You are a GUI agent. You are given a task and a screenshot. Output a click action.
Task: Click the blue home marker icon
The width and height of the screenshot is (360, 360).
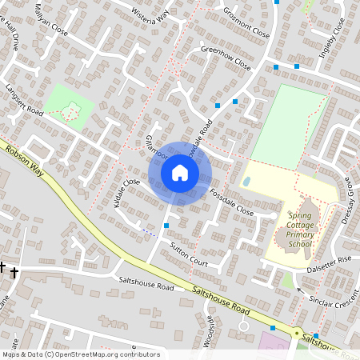tap(180, 173)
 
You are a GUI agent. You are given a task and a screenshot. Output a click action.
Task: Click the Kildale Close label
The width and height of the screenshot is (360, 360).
tap(126, 194)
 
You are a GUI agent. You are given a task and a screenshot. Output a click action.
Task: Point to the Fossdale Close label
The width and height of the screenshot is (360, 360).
tap(231, 204)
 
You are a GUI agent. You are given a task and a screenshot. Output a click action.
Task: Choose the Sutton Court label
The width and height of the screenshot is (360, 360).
tap(189, 255)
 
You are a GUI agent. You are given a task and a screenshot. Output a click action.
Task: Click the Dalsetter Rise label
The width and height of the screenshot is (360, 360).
tap(330, 260)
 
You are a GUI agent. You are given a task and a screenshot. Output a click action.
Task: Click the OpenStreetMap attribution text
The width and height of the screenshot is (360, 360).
tap(80, 354)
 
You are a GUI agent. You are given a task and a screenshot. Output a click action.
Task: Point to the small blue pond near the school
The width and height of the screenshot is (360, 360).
tap(246, 182)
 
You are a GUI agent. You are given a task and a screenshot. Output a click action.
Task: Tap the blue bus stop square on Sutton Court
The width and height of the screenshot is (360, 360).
tap(166, 226)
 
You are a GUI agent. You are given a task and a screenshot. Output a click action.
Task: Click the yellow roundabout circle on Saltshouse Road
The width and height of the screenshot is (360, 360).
tap(297, 331)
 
